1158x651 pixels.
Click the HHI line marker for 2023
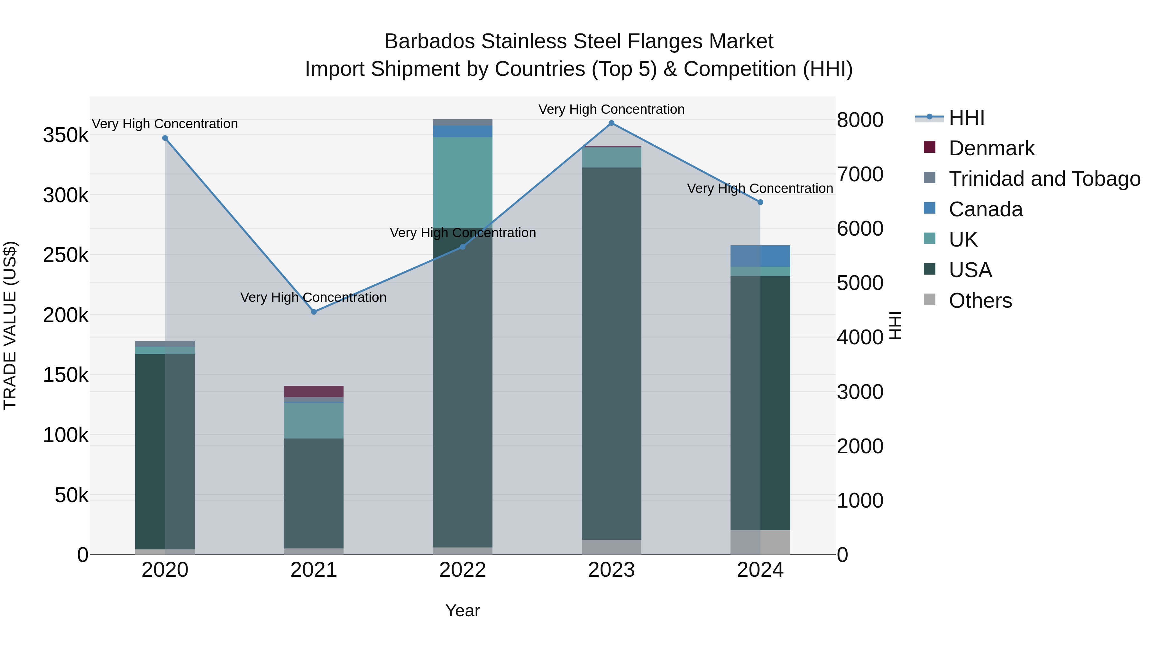point(611,123)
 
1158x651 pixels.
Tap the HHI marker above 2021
point(314,312)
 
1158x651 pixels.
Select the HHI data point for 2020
point(165,138)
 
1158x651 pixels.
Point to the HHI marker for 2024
point(760,202)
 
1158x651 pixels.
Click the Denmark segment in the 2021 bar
point(314,391)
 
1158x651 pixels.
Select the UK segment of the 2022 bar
point(463,182)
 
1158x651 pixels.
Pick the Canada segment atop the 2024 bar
point(760,256)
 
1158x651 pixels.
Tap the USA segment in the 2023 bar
point(611,353)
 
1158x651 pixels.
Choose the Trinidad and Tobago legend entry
point(1044,179)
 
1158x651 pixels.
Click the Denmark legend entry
point(991,148)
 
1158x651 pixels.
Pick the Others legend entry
point(980,301)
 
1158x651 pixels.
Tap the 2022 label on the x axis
point(463,570)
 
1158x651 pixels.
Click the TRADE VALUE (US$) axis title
point(10,325)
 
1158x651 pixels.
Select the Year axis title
point(463,610)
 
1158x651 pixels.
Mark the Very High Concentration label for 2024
point(760,188)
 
